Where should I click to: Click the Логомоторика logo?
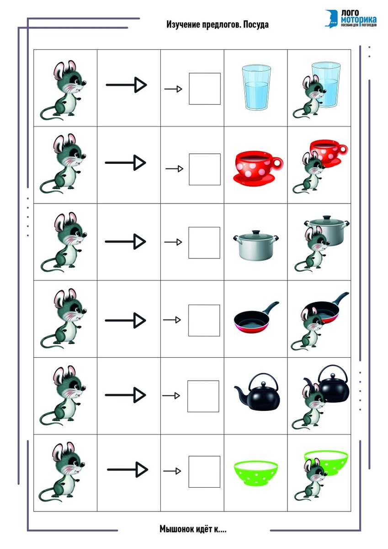click(351, 18)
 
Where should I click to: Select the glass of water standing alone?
click(256, 87)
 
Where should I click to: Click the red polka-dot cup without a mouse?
click(258, 167)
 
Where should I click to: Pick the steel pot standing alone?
click(256, 245)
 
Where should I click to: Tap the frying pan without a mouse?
click(256, 317)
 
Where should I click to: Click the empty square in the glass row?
click(205, 89)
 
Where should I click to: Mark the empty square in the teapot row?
click(203, 396)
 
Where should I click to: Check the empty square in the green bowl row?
click(204, 472)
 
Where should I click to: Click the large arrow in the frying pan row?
click(125, 320)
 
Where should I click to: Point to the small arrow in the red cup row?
click(174, 169)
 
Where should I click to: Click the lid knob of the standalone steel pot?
click(256, 232)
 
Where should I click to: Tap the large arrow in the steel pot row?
click(125, 242)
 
